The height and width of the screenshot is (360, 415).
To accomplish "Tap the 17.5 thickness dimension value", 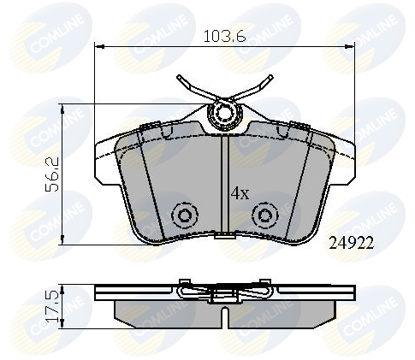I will coord(51,305).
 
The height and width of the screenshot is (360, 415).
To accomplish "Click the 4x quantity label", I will coord(239,193).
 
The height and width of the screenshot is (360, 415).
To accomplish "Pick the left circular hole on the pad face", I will coord(182,215).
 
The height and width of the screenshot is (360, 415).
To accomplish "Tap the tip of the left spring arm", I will coord(179,80).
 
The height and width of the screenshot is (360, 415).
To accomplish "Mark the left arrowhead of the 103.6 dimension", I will coord(97,45).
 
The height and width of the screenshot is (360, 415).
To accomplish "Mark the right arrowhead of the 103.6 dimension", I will coord(353,45).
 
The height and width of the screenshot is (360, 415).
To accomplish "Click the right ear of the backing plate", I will coord(346,158).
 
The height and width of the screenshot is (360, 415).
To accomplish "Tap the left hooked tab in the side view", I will coord(182,284).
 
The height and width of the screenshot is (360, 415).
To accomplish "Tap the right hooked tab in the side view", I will coord(266,284).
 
